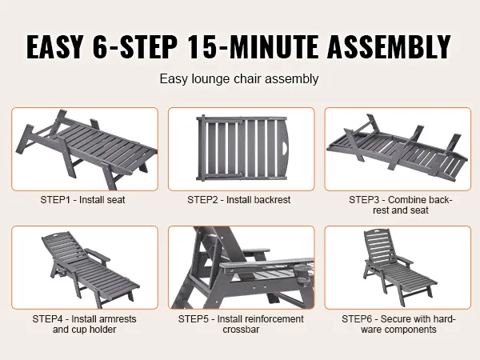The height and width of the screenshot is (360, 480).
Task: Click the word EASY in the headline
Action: click(x=55, y=46)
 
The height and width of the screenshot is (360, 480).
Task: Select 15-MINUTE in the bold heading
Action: click(x=253, y=46)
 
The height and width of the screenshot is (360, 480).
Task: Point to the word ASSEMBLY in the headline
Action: click(x=389, y=46)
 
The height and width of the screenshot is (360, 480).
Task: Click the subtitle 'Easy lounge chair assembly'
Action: click(x=239, y=78)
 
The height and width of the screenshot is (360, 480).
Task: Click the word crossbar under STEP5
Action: click(x=241, y=330)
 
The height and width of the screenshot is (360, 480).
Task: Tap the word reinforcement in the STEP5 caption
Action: click(x=260, y=319)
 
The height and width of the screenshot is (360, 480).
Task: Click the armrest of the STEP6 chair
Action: click(x=404, y=260)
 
